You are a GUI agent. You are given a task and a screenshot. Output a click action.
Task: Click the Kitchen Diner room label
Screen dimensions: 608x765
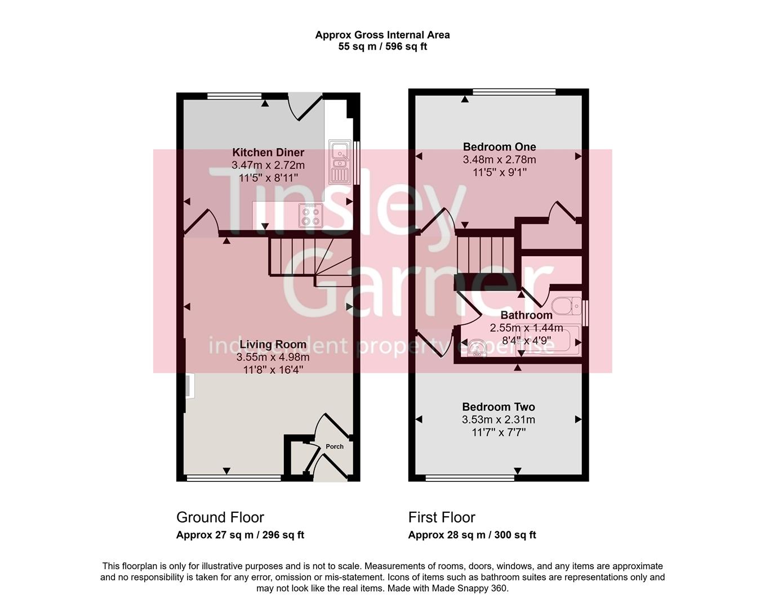(x=268, y=153)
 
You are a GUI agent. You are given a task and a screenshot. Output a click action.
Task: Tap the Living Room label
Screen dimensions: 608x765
(x=273, y=345)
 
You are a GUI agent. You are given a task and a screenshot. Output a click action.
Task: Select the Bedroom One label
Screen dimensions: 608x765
(x=499, y=147)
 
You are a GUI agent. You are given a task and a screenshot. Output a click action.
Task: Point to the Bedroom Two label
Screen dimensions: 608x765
(x=499, y=407)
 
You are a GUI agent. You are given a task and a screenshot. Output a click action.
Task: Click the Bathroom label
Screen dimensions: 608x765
(x=526, y=315)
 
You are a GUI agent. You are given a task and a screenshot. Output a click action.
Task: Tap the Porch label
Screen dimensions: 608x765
(x=335, y=446)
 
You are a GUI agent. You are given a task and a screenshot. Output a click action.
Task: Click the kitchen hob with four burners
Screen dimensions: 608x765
(x=310, y=215)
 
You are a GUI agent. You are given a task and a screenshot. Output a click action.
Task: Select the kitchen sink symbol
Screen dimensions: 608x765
(x=340, y=163)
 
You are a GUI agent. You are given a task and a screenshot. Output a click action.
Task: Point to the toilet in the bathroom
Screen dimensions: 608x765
(x=566, y=306)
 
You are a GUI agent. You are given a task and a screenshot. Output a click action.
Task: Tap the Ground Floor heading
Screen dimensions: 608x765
(x=220, y=517)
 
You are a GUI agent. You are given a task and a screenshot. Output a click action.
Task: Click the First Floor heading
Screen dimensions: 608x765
(x=442, y=517)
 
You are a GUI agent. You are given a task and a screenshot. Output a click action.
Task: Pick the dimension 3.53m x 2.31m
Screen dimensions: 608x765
(x=499, y=420)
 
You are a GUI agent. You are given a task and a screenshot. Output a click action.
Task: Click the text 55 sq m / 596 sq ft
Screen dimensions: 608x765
(x=382, y=47)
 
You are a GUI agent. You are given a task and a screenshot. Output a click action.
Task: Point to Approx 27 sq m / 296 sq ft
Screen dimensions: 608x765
(x=240, y=535)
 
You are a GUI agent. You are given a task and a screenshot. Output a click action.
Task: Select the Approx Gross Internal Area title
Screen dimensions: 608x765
(x=382, y=35)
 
